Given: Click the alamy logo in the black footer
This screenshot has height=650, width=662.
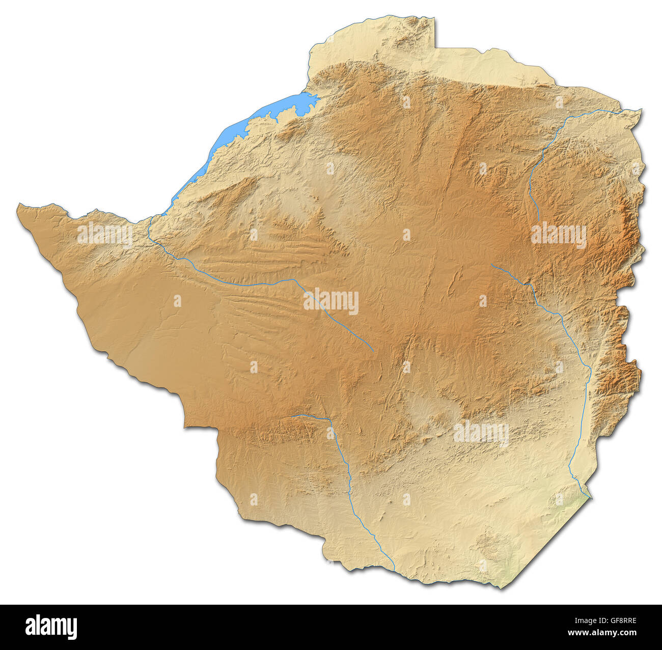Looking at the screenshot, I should pos(51,627).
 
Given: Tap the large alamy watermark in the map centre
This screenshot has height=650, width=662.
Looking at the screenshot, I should pos(331,301).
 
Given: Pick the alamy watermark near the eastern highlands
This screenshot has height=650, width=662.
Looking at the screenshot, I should pos(559,235).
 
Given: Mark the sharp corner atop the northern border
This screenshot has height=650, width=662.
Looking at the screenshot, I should pos(435,18).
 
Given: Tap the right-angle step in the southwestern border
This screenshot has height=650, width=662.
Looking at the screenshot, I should pos(186,427).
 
